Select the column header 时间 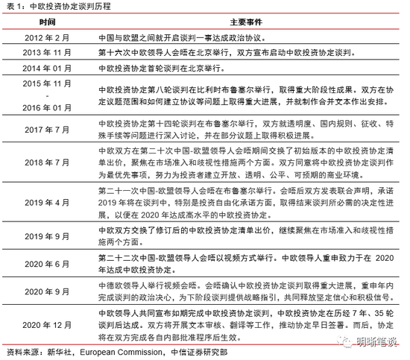pos(48,22)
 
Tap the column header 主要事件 pos(243,22)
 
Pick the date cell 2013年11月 pos(48,54)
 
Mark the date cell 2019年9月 pos(48,233)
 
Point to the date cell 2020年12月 pos(48,326)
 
